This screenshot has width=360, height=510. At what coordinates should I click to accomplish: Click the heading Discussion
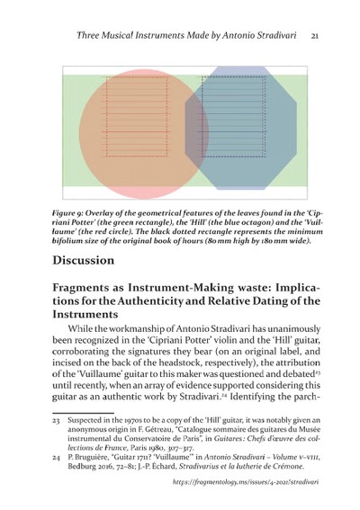click(x=96, y=261)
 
